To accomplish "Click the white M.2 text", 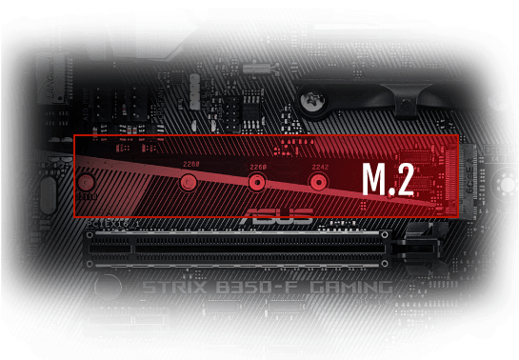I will [388, 179].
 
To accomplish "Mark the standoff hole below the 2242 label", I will [318, 181].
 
